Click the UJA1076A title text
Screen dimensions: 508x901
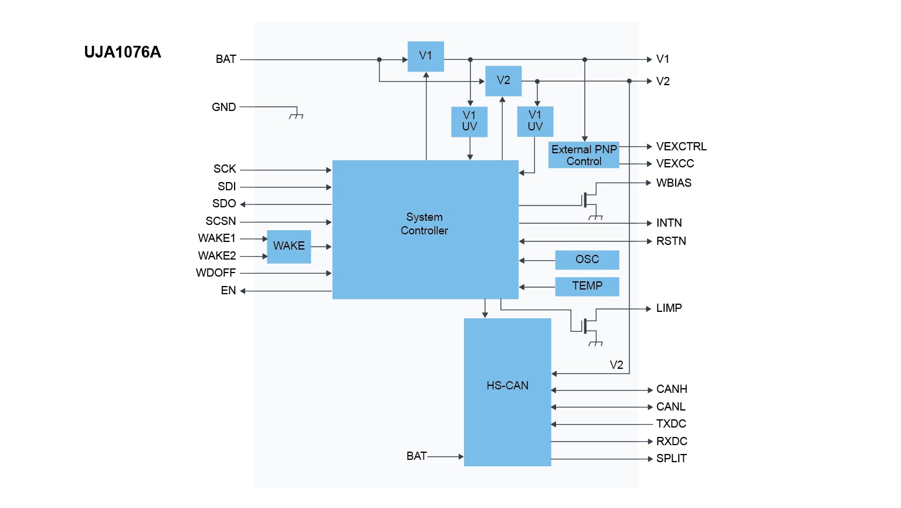[122, 52]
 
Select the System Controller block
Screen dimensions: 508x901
[425, 229]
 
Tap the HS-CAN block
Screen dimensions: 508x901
[507, 392]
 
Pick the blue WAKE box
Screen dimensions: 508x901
[289, 246]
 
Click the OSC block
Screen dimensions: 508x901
[587, 260]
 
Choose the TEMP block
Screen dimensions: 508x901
[587, 286]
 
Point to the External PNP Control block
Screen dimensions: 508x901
[584, 155]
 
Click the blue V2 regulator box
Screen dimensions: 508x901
[503, 80]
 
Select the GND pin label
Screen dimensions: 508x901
[223, 107]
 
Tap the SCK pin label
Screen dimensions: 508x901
[225, 169]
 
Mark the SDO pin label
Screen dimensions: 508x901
[224, 204]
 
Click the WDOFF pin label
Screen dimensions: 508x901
[216, 273]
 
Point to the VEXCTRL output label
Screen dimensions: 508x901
[681, 147]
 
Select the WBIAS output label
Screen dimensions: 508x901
[673, 183]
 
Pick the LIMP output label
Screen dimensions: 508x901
[669, 308]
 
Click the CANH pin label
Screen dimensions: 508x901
[672, 389]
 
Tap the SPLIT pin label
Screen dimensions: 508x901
[671, 459]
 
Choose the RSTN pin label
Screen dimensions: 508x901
[671, 241]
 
